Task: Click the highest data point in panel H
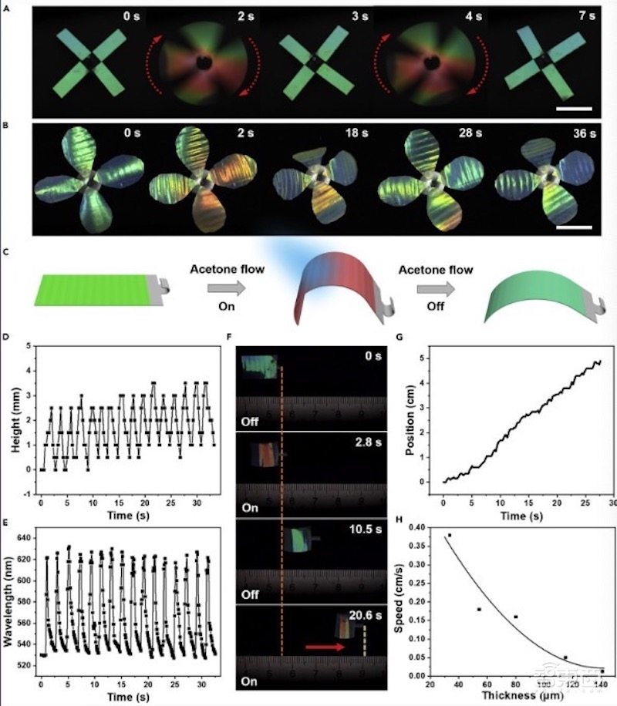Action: [449, 535]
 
